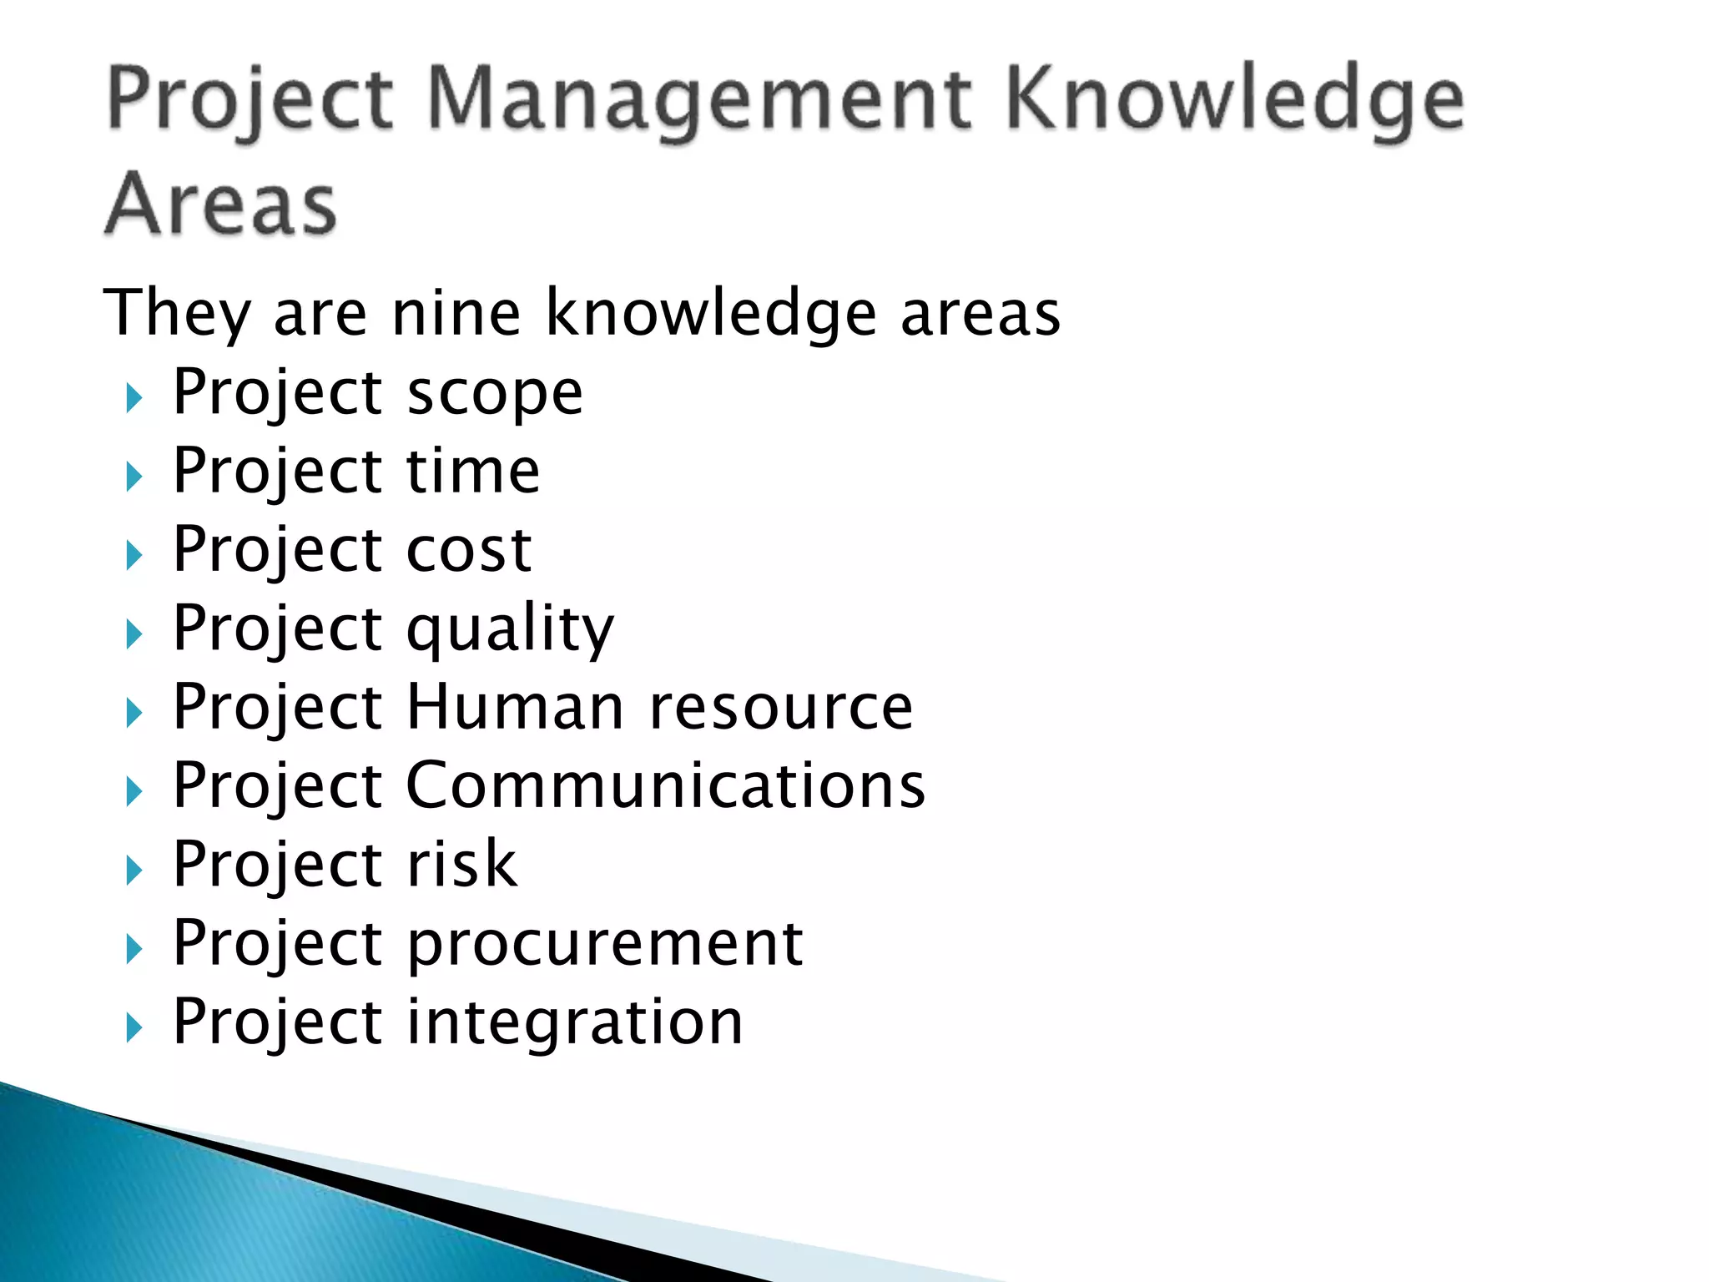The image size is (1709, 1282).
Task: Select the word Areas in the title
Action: (x=221, y=204)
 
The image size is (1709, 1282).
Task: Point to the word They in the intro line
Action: (x=176, y=313)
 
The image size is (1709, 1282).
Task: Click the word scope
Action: (x=495, y=392)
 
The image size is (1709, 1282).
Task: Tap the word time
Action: (x=473, y=471)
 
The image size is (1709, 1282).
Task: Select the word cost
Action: (x=469, y=550)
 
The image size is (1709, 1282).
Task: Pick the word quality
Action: (x=510, y=628)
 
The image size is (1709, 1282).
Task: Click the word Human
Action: (x=516, y=707)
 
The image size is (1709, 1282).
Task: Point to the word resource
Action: (x=781, y=707)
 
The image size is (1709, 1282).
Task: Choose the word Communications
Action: (x=665, y=785)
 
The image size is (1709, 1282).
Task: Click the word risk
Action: (x=461, y=864)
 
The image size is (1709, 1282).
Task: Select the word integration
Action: (x=574, y=1022)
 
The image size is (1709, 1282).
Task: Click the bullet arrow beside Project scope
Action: (x=134, y=398)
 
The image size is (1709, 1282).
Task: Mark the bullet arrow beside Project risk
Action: (x=134, y=871)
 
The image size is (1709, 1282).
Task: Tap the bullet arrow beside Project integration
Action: (x=134, y=1028)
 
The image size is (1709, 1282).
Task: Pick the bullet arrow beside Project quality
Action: (x=134, y=634)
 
